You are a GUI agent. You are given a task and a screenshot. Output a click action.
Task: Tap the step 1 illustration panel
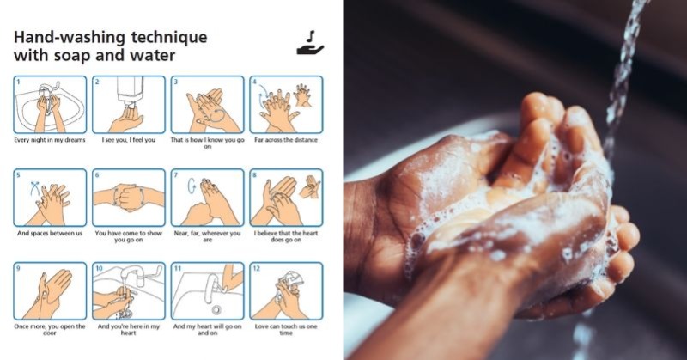(50, 104)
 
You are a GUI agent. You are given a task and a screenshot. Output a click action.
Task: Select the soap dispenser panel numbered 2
(129, 104)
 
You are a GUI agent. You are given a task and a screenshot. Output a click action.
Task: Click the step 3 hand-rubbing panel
(207, 104)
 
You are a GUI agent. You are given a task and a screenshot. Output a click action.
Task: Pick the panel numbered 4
(286, 104)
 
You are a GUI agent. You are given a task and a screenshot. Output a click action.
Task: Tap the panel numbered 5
(50, 198)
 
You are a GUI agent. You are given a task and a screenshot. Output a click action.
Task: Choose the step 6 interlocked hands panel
(129, 198)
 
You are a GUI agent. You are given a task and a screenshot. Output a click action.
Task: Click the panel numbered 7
(207, 198)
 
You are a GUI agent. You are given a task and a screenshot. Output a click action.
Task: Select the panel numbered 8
(286, 198)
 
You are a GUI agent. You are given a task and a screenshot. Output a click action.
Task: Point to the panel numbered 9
(50, 291)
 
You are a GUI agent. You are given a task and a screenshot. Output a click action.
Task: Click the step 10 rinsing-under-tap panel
(129, 291)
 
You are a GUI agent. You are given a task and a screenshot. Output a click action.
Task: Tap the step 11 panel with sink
(207, 291)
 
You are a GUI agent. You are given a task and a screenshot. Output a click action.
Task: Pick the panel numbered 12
(286, 291)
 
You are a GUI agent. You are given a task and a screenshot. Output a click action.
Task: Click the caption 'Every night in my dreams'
(49, 139)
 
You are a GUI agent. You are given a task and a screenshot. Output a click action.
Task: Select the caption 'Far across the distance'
(286, 139)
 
